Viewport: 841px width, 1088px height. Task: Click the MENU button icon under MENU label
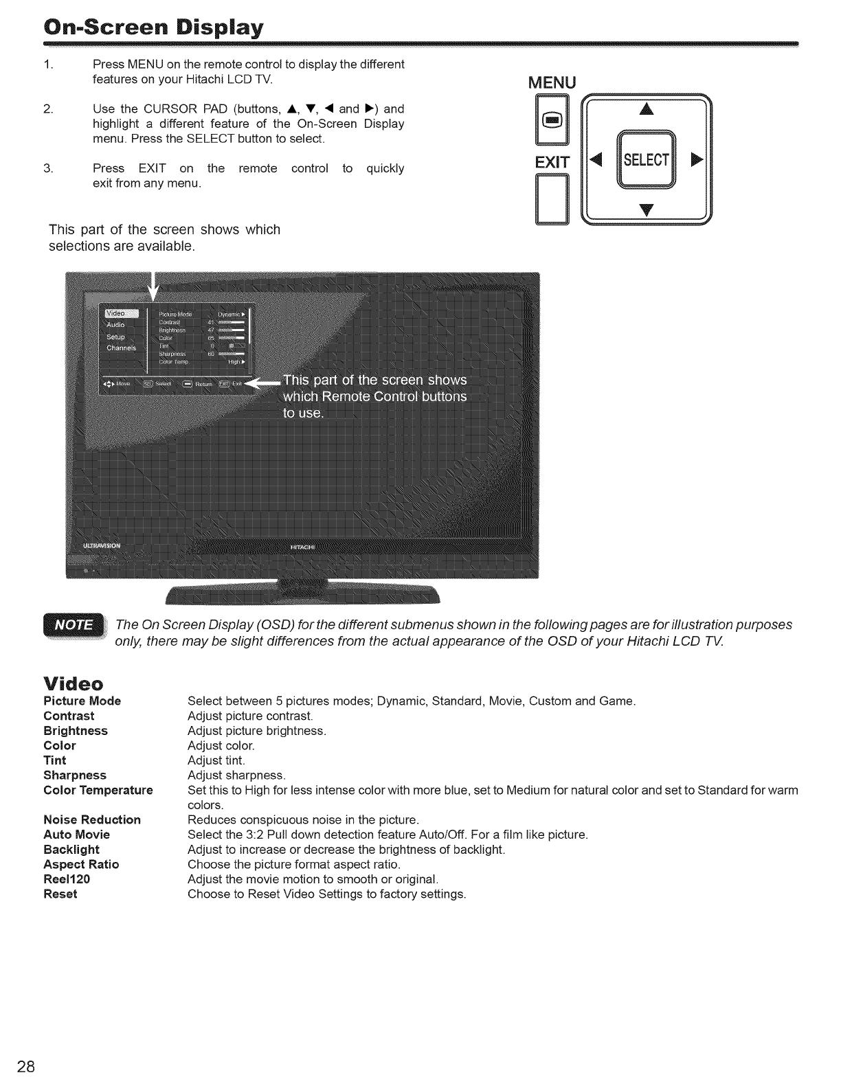coord(554,121)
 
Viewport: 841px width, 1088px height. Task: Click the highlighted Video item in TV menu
coord(122,313)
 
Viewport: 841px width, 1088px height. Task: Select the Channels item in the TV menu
coord(122,348)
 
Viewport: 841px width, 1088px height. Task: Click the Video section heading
coord(73,684)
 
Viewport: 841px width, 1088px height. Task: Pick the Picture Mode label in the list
coord(82,701)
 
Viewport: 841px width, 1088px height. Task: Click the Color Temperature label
coord(98,791)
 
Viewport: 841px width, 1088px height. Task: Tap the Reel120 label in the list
coord(67,879)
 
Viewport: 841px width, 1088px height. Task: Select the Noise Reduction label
coord(91,820)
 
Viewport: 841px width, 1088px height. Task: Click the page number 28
coord(27,1067)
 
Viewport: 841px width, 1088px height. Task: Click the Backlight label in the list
coord(71,850)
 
